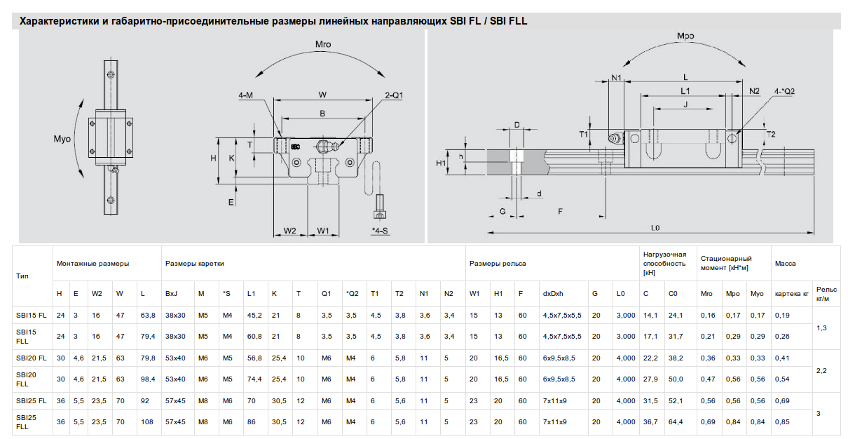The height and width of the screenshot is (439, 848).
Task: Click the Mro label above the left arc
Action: coord(323,44)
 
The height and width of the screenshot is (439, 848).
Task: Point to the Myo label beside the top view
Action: coord(62,139)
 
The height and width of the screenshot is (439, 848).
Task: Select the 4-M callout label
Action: coord(245,95)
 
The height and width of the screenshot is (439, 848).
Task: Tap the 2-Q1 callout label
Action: coord(394,95)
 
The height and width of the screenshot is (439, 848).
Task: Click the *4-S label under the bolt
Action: coord(380,231)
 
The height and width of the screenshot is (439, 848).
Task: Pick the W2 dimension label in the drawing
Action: coord(290,231)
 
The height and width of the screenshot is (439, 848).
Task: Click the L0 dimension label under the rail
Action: coord(655,228)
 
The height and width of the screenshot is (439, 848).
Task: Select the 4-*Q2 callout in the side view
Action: coord(784,91)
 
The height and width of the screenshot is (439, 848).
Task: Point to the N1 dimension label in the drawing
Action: coord(616,78)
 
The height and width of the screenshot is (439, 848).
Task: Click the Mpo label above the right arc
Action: coord(685,36)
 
